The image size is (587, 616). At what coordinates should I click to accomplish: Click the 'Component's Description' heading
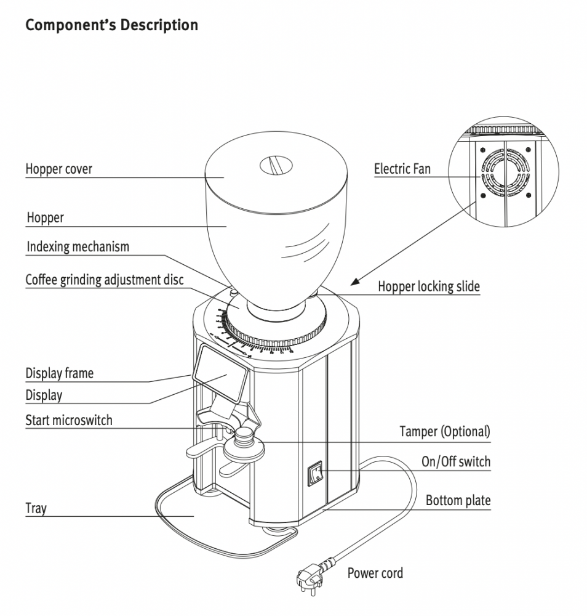click(x=111, y=26)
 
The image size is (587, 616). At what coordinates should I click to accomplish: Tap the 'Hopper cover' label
click(x=59, y=169)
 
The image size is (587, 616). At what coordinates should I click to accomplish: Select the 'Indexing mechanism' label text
click(x=78, y=247)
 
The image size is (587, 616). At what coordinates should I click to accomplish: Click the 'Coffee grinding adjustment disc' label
click(x=105, y=280)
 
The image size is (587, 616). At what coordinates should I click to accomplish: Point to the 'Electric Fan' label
click(x=402, y=169)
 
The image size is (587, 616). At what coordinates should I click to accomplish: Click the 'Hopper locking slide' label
click(x=428, y=286)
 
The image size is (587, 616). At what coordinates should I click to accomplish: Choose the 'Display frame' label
click(x=60, y=373)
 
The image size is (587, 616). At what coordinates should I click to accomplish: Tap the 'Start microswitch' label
click(x=69, y=421)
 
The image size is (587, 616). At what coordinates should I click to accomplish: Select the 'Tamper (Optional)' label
click(x=445, y=431)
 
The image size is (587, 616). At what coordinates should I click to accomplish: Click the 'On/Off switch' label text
click(x=456, y=462)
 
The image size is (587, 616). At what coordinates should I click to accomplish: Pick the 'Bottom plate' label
click(x=458, y=500)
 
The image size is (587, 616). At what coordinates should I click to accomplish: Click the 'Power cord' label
click(x=375, y=573)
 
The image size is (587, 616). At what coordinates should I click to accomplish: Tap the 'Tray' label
click(x=36, y=509)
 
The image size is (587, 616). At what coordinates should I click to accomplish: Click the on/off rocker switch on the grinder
click(x=316, y=473)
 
